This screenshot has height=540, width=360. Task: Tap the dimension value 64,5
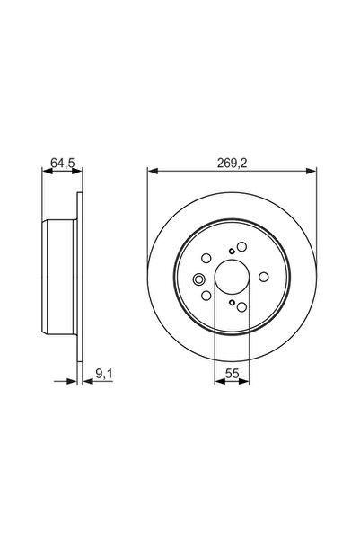click(x=61, y=164)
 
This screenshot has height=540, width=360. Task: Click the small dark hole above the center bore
click(x=232, y=251)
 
